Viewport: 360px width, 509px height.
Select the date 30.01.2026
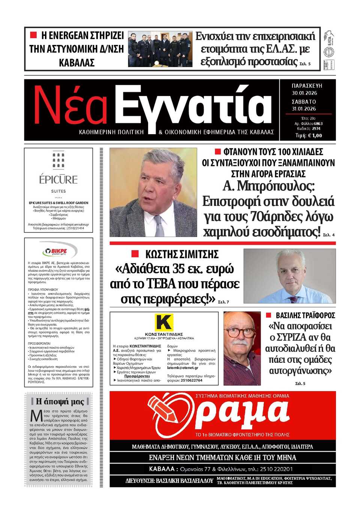[304, 93]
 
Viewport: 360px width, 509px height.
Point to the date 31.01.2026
[304, 109]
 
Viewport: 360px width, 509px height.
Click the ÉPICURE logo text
[58, 180]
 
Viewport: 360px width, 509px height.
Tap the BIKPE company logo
[59, 251]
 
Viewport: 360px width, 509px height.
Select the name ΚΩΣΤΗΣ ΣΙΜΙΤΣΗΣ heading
[181, 254]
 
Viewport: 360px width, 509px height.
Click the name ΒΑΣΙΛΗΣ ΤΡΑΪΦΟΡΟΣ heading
[305, 316]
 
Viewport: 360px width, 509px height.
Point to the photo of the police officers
[160, 49]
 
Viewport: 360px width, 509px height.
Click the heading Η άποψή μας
[60, 401]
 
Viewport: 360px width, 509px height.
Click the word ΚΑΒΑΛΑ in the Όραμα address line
[162, 469]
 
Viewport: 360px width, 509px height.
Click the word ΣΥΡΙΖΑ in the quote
[298, 337]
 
